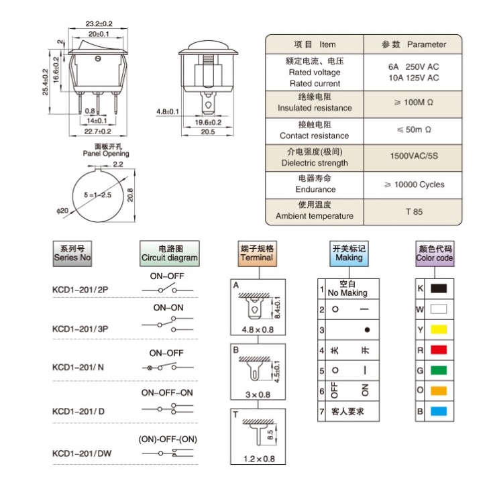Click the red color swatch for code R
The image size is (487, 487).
pyautogui.click(x=439, y=350)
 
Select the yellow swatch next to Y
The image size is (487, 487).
pyautogui.click(x=439, y=329)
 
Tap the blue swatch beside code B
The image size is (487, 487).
pyautogui.click(x=439, y=411)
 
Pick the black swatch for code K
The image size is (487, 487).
pyautogui.click(x=439, y=288)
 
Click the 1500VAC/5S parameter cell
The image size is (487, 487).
pyautogui.click(x=414, y=156)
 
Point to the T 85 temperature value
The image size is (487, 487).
pyautogui.click(x=414, y=212)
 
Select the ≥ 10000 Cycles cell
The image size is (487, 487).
pyautogui.click(x=415, y=184)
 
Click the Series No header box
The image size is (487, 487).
pyautogui.click(x=72, y=254)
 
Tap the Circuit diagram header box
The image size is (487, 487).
pyautogui.click(x=170, y=254)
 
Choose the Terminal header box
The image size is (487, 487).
pyautogui.click(x=257, y=254)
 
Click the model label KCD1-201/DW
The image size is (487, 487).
pyautogui.click(x=82, y=453)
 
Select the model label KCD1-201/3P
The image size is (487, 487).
pyautogui.click(x=80, y=329)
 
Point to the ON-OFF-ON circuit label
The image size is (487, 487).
pyautogui.click(x=167, y=393)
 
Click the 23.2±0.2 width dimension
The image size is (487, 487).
pyautogui.click(x=99, y=23)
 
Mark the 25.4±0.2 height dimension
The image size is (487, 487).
pyautogui.click(x=46, y=82)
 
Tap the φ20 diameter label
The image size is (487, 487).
pyautogui.click(x=62, y=211)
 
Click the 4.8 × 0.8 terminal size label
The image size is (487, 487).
pyautogui.click(x=258, y=330)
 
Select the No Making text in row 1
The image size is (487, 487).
pyautogui.click(x=347, y=293)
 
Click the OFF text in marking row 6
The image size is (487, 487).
pyautogui.click(x=335, y=390)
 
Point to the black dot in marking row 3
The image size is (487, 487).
pyautogui.click(x=367, y=330)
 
